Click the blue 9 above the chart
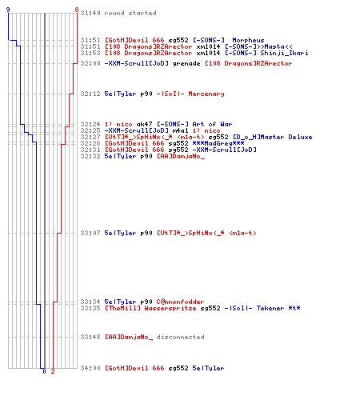pyautogui.click(x=8, y=10)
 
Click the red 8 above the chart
pyautogui.click(x=77, y=10)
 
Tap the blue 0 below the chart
pyautogui.click(x=44, y=371)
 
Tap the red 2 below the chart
pyautogui.click(x=53, y=371)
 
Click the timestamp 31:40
pyautogui.click(x=90, y=13)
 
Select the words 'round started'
pyautogui.click(x=130, y=13)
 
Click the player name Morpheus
pyautogui.click(x=248, y=40)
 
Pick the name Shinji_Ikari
pyautogui.click(x=284, y=53)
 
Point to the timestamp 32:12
pyautogui.click(x=90, y=94)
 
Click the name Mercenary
pyautogui.click(x=206, y=94)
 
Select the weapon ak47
pyautogui.click(x=144, y=124)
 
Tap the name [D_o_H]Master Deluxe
pyautogui.click(x=273, y=137)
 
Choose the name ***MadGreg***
pyautogui.click(x=218, y=143)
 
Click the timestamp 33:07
pyautogui.click(x=90, y=233)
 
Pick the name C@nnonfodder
pyautogui.click(x=180, y=302)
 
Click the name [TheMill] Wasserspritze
pyautogui.click(x=150, y=308)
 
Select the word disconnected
pyautogui.click(x=180, y=337)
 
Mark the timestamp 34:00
pyautogui.click(x=90, y=368)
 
